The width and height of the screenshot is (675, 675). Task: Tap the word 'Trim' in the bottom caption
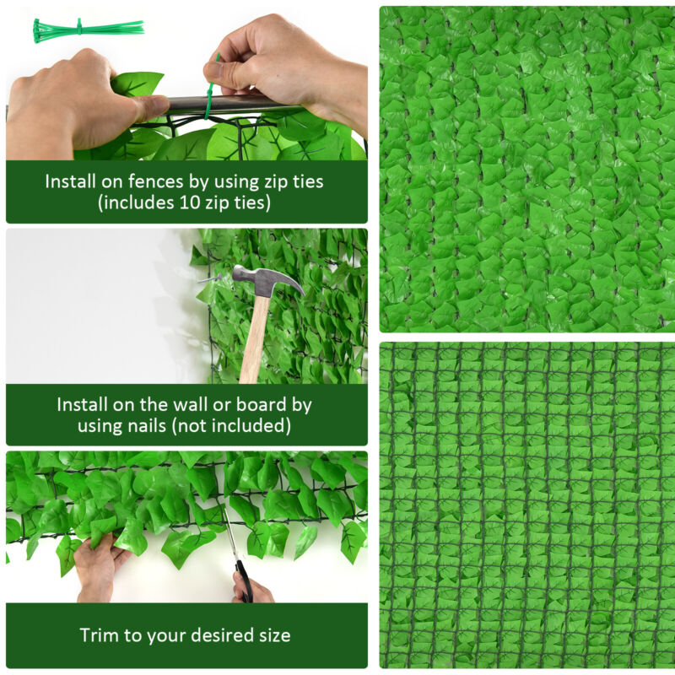[x=99, y=635]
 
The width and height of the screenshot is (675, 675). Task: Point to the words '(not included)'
[x=232, y=426]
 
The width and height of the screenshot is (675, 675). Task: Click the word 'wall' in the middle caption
[x=188, y=404]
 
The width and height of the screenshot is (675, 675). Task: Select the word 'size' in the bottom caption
[x=272, y=635]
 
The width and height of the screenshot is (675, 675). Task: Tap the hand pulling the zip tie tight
[x=278, y=67]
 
